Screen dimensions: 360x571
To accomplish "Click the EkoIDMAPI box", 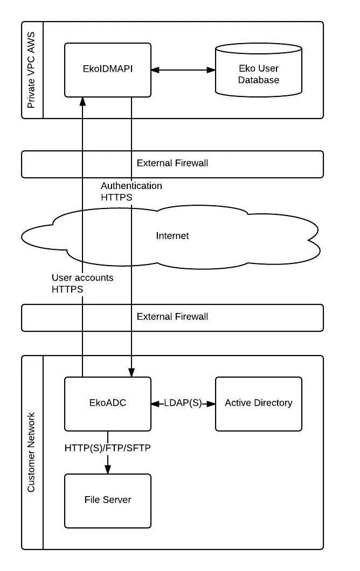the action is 107,70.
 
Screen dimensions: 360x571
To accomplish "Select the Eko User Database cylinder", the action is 258,70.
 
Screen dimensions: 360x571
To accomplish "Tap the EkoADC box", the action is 107,404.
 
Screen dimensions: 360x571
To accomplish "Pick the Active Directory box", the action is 258,404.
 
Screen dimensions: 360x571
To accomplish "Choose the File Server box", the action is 107,501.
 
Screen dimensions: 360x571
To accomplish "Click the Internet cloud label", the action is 172,235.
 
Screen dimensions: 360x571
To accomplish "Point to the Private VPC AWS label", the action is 31,70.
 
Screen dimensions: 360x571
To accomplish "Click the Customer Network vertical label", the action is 31,452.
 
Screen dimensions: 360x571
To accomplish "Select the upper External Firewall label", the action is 172,163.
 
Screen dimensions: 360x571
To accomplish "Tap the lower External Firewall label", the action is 172,316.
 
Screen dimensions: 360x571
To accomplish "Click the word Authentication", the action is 131,186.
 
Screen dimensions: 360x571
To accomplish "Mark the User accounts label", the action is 82,277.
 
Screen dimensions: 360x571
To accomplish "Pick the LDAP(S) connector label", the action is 183,403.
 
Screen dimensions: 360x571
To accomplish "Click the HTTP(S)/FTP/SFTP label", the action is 107,448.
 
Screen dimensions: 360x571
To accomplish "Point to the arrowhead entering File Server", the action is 107,469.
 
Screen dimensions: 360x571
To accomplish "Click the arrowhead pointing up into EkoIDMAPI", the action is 82,101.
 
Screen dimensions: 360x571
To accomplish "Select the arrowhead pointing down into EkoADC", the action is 131,373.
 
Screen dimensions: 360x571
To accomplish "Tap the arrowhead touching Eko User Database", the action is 211,70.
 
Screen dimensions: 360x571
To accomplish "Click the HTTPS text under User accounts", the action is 67,289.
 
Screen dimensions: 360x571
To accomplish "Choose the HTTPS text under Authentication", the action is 116,197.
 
